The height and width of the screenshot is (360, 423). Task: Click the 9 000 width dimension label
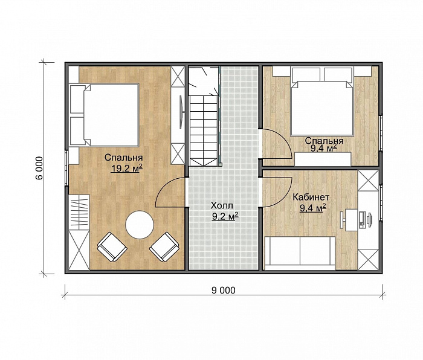pyautogui.click(x=224, y=291)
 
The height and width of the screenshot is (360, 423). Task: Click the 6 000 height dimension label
pyautogui.click(x=39, y=168)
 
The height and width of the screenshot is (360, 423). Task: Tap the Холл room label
pyautogui.click(x=222, y=206)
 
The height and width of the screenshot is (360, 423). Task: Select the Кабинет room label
pyautogui.click(x=311, y=197)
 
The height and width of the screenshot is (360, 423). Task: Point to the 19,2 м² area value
pyautogui.click(x=126, y=169)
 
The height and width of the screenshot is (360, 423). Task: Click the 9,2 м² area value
pyautogui.click(x=225, y=216)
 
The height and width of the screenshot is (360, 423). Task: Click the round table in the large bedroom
pyautogui.click(x=140, y=225)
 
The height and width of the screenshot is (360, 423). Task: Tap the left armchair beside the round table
pyautogui.click(x=112, y=247)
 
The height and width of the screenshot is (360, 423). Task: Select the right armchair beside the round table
pyautogui.click(x=164, y=246)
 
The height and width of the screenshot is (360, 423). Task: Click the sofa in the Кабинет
pyautogui.click(x=300, y=253)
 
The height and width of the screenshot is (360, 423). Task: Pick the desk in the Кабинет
pyautogui.click(x=352, y=219)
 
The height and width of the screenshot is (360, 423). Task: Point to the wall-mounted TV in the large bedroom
pyautogui.click(x=182, y=111)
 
